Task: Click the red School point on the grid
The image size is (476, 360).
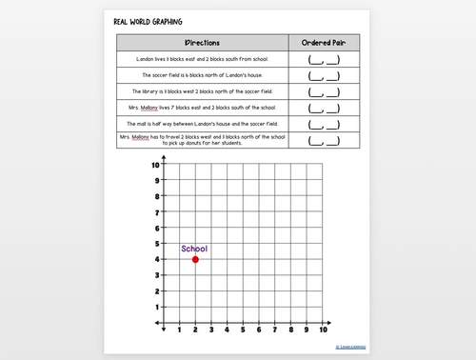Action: click(x=195, y=259)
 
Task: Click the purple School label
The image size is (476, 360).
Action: click(x=194, y=249)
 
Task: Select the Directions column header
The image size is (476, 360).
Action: click(x=203, y=43)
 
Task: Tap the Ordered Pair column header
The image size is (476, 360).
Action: click(x=324, y=43)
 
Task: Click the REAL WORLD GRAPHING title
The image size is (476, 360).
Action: click(x=148, y=22)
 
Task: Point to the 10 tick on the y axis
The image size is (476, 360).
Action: click(x=155, y=165)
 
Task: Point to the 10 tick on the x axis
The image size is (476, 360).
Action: click(x=324, y=330)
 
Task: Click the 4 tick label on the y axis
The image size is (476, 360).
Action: click(x=156, y=259)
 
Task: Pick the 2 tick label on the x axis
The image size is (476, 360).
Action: click(x=195, y=330)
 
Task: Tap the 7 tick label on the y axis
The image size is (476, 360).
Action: click(x=156, y=211)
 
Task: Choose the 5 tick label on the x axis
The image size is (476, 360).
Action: click(x=243, y=330)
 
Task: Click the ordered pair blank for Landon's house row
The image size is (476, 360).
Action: click(x=324, y=59)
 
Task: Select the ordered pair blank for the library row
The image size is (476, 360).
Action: click(x=324, y=91)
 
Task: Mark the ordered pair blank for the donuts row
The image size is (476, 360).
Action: click(x=324, y=140)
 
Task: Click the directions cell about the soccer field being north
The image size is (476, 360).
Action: click(x=203, y=75)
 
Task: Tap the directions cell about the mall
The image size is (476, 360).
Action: click(x=203, y=124)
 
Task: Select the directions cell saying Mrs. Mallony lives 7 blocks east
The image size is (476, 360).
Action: click(x=203, y=108)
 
